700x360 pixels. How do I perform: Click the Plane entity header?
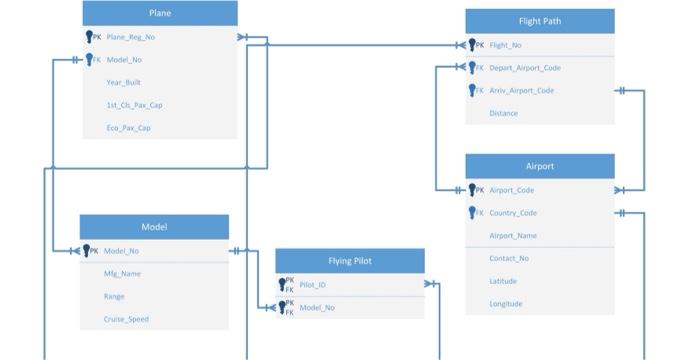click(x=159, y=13)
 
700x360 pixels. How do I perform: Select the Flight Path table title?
click(x=539, y=21)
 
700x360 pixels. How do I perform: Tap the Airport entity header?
click(x=539, y=166)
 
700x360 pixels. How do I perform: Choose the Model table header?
click(x=154, y=227)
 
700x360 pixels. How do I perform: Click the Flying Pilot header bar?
click(x=350, y=261)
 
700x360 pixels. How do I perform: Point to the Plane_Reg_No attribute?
click(x=130, y=37)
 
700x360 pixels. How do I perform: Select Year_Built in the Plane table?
click(x=123, y=83)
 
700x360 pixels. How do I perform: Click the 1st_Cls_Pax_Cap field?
click(x=134, y=105)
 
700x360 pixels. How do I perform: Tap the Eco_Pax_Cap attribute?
click(x=129, y=128)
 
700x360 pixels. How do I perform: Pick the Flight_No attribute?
click(x=505, y=45)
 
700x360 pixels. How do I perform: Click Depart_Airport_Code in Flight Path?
click(x=524, y=68)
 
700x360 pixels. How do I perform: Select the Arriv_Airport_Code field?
click(x=521, y=91)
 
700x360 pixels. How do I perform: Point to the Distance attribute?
click(x=503, y=114)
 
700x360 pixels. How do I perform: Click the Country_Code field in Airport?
click(x=513, y=213)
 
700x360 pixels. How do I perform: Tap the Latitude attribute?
click(x=503, y=281)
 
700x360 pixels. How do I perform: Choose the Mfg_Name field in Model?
click(x=122, y=273)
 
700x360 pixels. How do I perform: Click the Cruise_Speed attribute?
click(x=126, y=319)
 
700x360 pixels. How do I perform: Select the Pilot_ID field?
click(x=312, y=285)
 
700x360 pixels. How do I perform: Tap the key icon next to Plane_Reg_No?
click(x=90, y=37)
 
